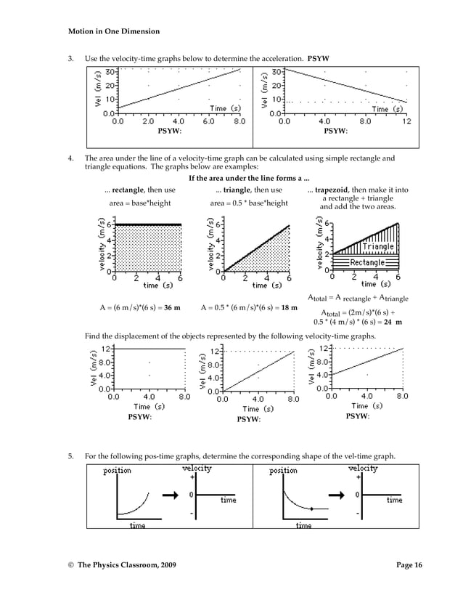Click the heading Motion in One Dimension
(x=113, y=32)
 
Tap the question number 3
(x=70, y=57)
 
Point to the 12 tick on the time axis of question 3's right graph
(x=406, y=122)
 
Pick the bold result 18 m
(x=289, y=307)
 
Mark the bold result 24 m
(x=393, y=323)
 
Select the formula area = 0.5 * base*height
(x=249, y=203)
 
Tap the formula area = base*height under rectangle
(x=139, y=203)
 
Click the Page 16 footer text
(x=409, y=564)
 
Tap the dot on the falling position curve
(x=310, y=509)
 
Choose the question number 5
(x=70, y=456)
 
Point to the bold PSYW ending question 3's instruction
(x=319, y=57)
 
